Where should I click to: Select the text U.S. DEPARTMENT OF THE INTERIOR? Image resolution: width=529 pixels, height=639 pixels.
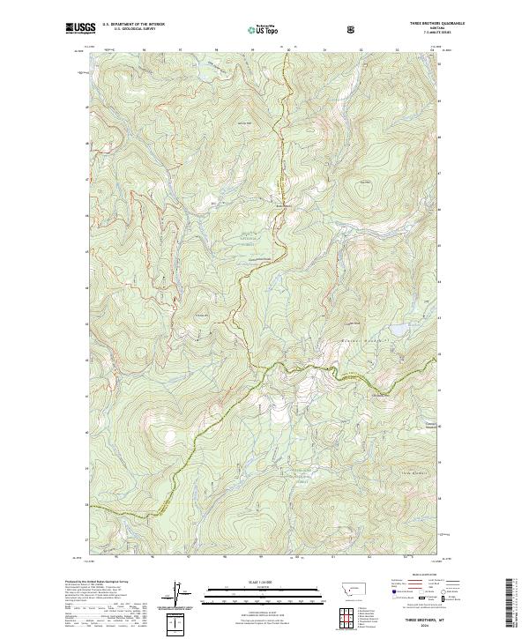coord(133,25)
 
